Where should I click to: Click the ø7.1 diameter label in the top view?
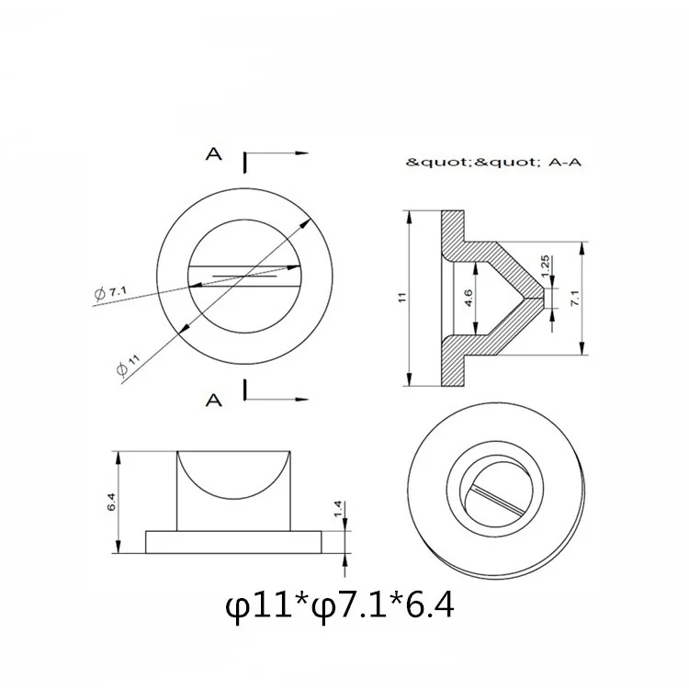coord(111,293)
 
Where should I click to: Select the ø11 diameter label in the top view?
coord(129,366)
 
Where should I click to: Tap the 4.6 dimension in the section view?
coord(468,298)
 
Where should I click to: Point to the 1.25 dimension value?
coord(545,265)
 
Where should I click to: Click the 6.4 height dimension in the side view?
coord(111,502)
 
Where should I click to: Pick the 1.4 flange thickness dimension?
coord(338,509)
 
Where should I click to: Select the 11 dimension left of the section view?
coord(402,297)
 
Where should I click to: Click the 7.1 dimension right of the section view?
coord(576,298)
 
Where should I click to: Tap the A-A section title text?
coord(565,163)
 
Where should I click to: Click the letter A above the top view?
coord(214,153)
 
